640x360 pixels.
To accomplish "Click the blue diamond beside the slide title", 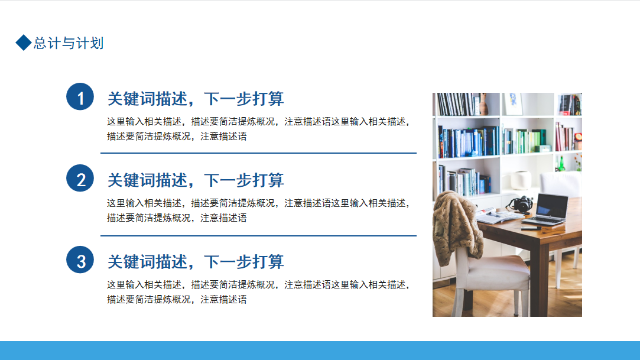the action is coord(24,43).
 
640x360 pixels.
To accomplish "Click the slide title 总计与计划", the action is coord(69,43).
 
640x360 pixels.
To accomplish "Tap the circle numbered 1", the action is coord(80,97).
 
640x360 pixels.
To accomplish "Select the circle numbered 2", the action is coord(80,179).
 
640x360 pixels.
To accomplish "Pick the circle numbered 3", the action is coord(80,260).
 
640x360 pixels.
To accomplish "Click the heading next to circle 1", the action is coord(196,99).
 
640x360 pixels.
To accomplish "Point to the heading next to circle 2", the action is coord(196,180).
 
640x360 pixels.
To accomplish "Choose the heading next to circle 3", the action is coord(196,262).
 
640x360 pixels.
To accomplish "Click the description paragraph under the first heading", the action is coord(258,129).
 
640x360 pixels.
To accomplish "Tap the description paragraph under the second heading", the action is coord(258,210).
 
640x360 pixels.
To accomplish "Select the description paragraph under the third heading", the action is coord(258,292).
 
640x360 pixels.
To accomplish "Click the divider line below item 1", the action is coord(258,153).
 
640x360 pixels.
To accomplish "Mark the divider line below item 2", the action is coord(258,235).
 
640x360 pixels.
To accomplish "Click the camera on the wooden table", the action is coord(521,204).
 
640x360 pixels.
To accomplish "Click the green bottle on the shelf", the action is coord(561,164).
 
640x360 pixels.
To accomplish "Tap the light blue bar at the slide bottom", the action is coord(320,351).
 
